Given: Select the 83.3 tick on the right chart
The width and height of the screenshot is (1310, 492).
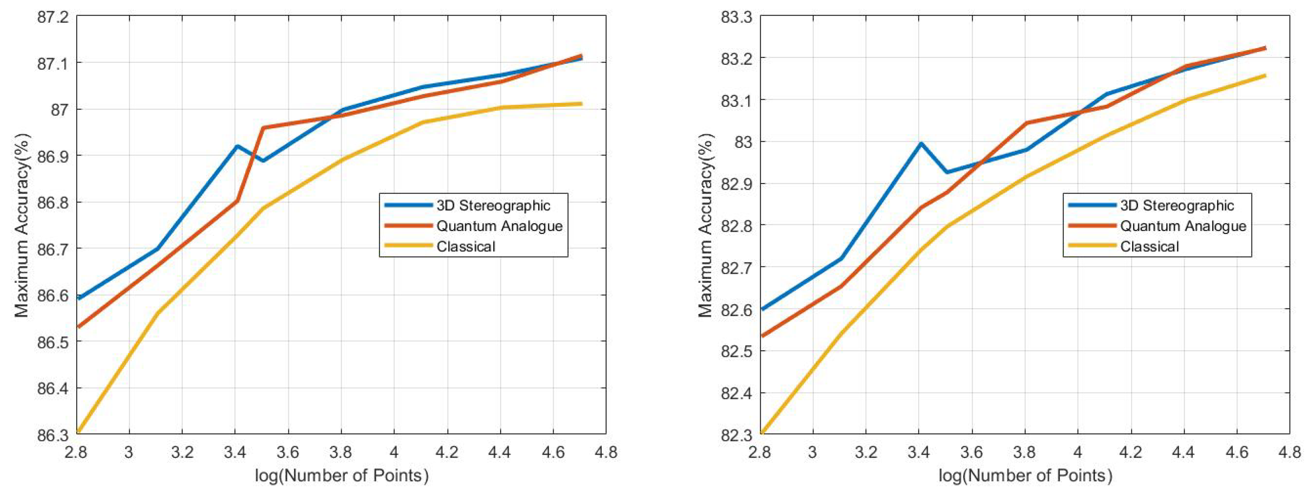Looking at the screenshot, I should [736, 17].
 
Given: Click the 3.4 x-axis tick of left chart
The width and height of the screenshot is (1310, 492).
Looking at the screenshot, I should [235, 452].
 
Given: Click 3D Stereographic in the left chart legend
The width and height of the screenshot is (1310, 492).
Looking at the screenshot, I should [493, 205].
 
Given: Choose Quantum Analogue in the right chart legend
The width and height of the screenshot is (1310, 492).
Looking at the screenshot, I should [1183, 226].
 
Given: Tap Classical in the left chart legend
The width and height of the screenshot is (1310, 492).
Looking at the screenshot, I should [465, 247].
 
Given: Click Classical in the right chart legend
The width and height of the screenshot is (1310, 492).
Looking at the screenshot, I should [1149, 247].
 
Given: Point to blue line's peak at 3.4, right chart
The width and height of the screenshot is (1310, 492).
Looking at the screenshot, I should [920, 143].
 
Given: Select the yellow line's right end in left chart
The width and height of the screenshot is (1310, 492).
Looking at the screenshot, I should [581, 104].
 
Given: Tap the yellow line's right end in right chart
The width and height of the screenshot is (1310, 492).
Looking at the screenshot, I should [1265, 75].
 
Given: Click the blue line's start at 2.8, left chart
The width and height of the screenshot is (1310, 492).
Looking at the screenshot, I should [79, 298].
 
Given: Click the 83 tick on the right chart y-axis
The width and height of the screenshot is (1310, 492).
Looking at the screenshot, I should [743, 142].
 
